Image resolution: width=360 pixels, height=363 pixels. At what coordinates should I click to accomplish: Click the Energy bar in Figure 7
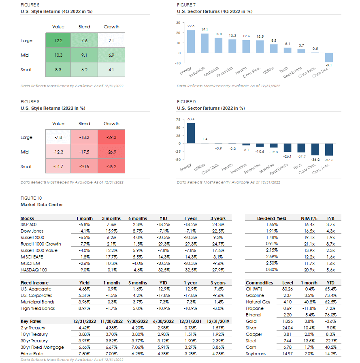pos(191,42)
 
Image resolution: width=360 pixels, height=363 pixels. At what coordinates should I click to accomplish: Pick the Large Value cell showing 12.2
pos(58,41)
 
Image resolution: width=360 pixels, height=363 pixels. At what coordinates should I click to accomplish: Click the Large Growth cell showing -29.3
pos(111,137)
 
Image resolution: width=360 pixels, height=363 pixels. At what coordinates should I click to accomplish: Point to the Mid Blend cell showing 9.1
pos(84,55)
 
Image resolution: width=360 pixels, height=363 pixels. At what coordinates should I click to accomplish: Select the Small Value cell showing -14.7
pos(58,167)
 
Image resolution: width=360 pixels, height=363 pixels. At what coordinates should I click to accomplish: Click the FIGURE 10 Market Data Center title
pos(42,205)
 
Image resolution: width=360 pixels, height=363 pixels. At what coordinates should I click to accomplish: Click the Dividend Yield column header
pos(272,218)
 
